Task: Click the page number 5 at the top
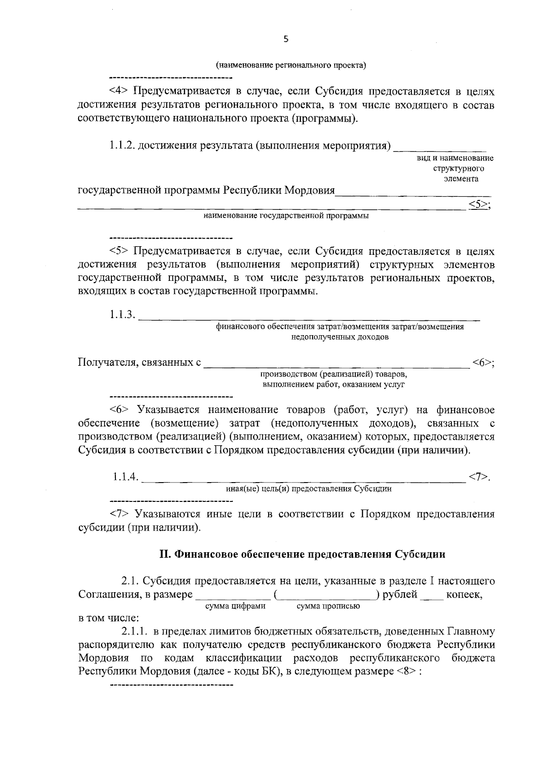[286, 39]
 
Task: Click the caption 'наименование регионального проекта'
[291, 66]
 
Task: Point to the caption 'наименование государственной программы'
[286, 217]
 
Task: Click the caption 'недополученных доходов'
[340, 337]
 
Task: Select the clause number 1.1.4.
[125, 476]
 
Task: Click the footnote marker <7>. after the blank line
[479, 476]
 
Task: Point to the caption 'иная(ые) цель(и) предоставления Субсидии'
[308, 489]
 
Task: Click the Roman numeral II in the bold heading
[164, 554]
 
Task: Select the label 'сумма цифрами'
[235, 606]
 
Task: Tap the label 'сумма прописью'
[328, 606]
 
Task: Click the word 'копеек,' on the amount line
[464, 594]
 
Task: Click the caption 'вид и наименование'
[455, 158]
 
